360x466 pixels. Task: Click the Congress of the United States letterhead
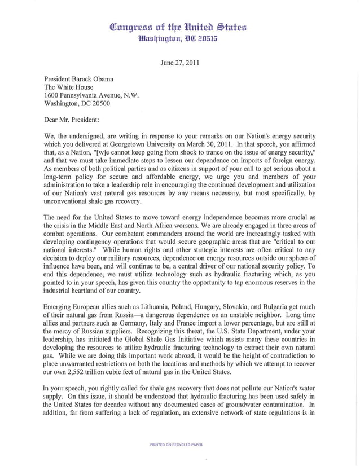pos(180,27)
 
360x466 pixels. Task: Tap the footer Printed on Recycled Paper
pos(176,445)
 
